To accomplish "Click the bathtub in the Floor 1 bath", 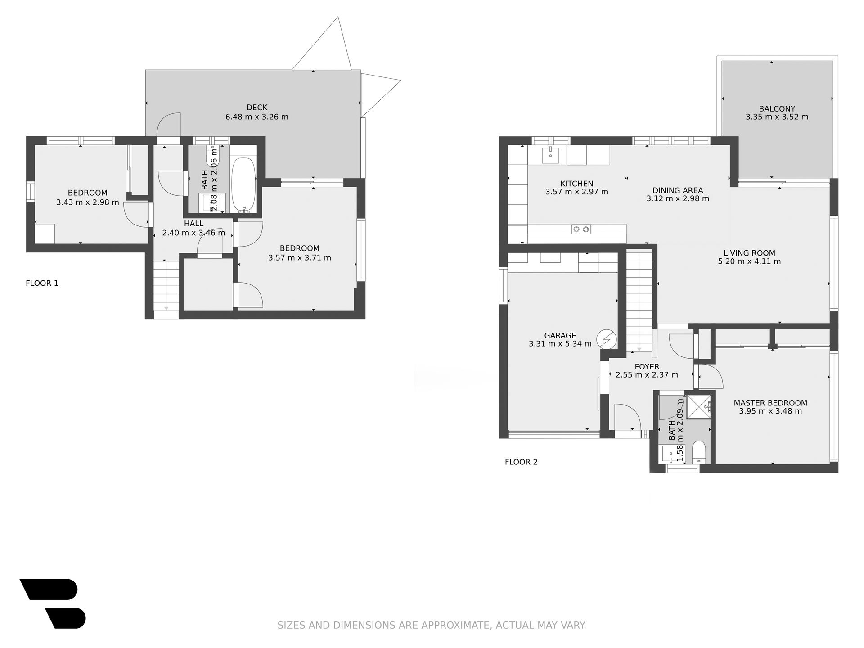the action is (x=243, y=184).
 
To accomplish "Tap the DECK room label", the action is (x=257, y=108).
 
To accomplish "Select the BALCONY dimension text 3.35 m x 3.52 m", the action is (x=777, y=117).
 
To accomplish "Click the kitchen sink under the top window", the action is (x=550, y=155).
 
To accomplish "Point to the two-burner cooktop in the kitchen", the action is (x=581, y=229).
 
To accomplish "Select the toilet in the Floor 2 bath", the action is (x=699, y=452).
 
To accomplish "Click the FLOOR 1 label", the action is (x=42, y=283).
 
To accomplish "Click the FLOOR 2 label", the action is (x=521, y=462).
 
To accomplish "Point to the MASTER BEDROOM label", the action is (x=770, y=403).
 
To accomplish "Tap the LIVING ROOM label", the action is (x=749, y=253).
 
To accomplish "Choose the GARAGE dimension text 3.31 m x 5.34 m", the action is (x=560, y=344).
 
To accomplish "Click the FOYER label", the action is (x=647, y=367).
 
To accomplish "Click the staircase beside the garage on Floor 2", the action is (x=639, y=301).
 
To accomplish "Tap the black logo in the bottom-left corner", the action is (x=53, y=603).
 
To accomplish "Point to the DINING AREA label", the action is (x=678, y=191).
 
